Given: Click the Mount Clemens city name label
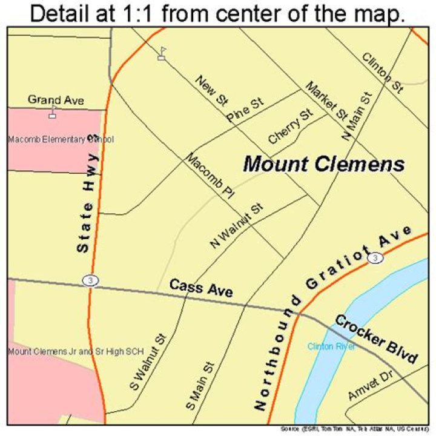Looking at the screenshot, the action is click(323, 163).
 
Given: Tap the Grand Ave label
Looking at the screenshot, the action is click(56, 99).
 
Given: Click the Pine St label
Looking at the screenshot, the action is click(246, 109).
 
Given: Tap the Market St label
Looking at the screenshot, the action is click(326, 99).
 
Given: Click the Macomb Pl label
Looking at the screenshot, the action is click(210, 176).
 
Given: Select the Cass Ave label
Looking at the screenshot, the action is click(200, 288).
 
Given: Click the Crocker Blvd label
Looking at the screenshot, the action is click(377, 339).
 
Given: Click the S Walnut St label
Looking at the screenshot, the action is click(147, 362).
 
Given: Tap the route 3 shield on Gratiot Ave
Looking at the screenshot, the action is click(377, 259).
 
